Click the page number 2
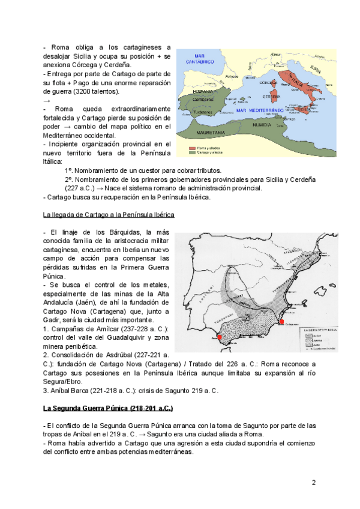point(313,482)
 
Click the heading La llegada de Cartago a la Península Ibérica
point(109,214)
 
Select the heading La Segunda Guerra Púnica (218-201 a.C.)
point(109,408)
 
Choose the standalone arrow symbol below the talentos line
point(47,100)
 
